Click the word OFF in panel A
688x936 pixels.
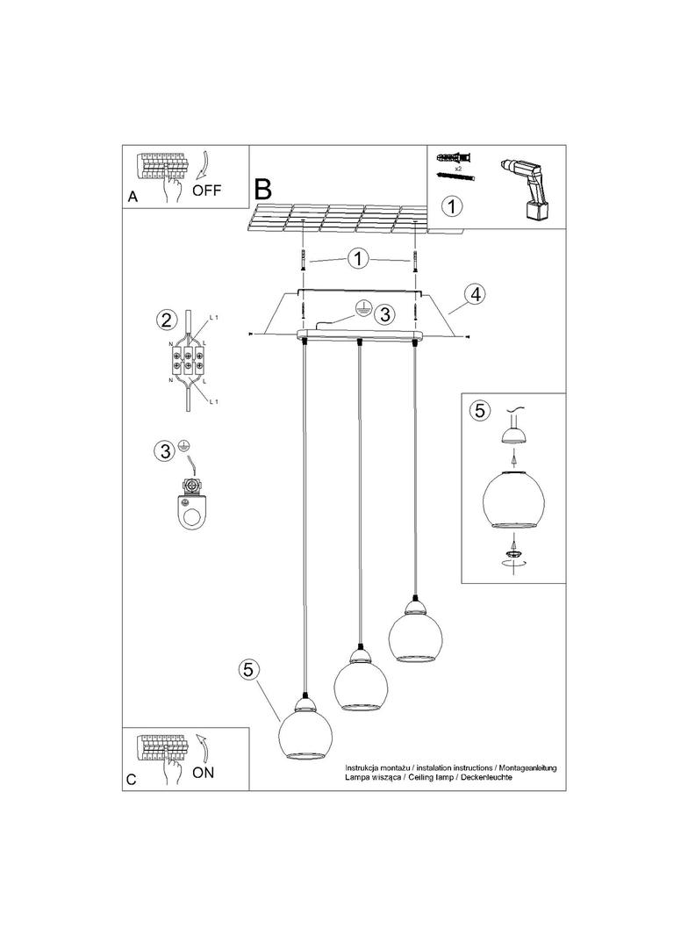[x=207, y=189]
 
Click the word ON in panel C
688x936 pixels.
[x=203, y=773]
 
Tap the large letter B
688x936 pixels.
[x=263, y=188]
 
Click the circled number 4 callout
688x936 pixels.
[x=474, y=294]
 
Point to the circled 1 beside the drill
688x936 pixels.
[x=451, y=207]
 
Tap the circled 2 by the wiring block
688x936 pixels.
[x=164, y=319]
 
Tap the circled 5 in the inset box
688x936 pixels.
[x=477, y=410]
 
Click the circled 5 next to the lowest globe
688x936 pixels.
[x=249, y=669]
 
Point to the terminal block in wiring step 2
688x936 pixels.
[x=186, y=359]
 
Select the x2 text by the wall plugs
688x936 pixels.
[x=457, y=168]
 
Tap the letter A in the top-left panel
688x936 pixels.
[x=133, y=198]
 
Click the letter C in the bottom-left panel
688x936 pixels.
[x=133, y=779]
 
